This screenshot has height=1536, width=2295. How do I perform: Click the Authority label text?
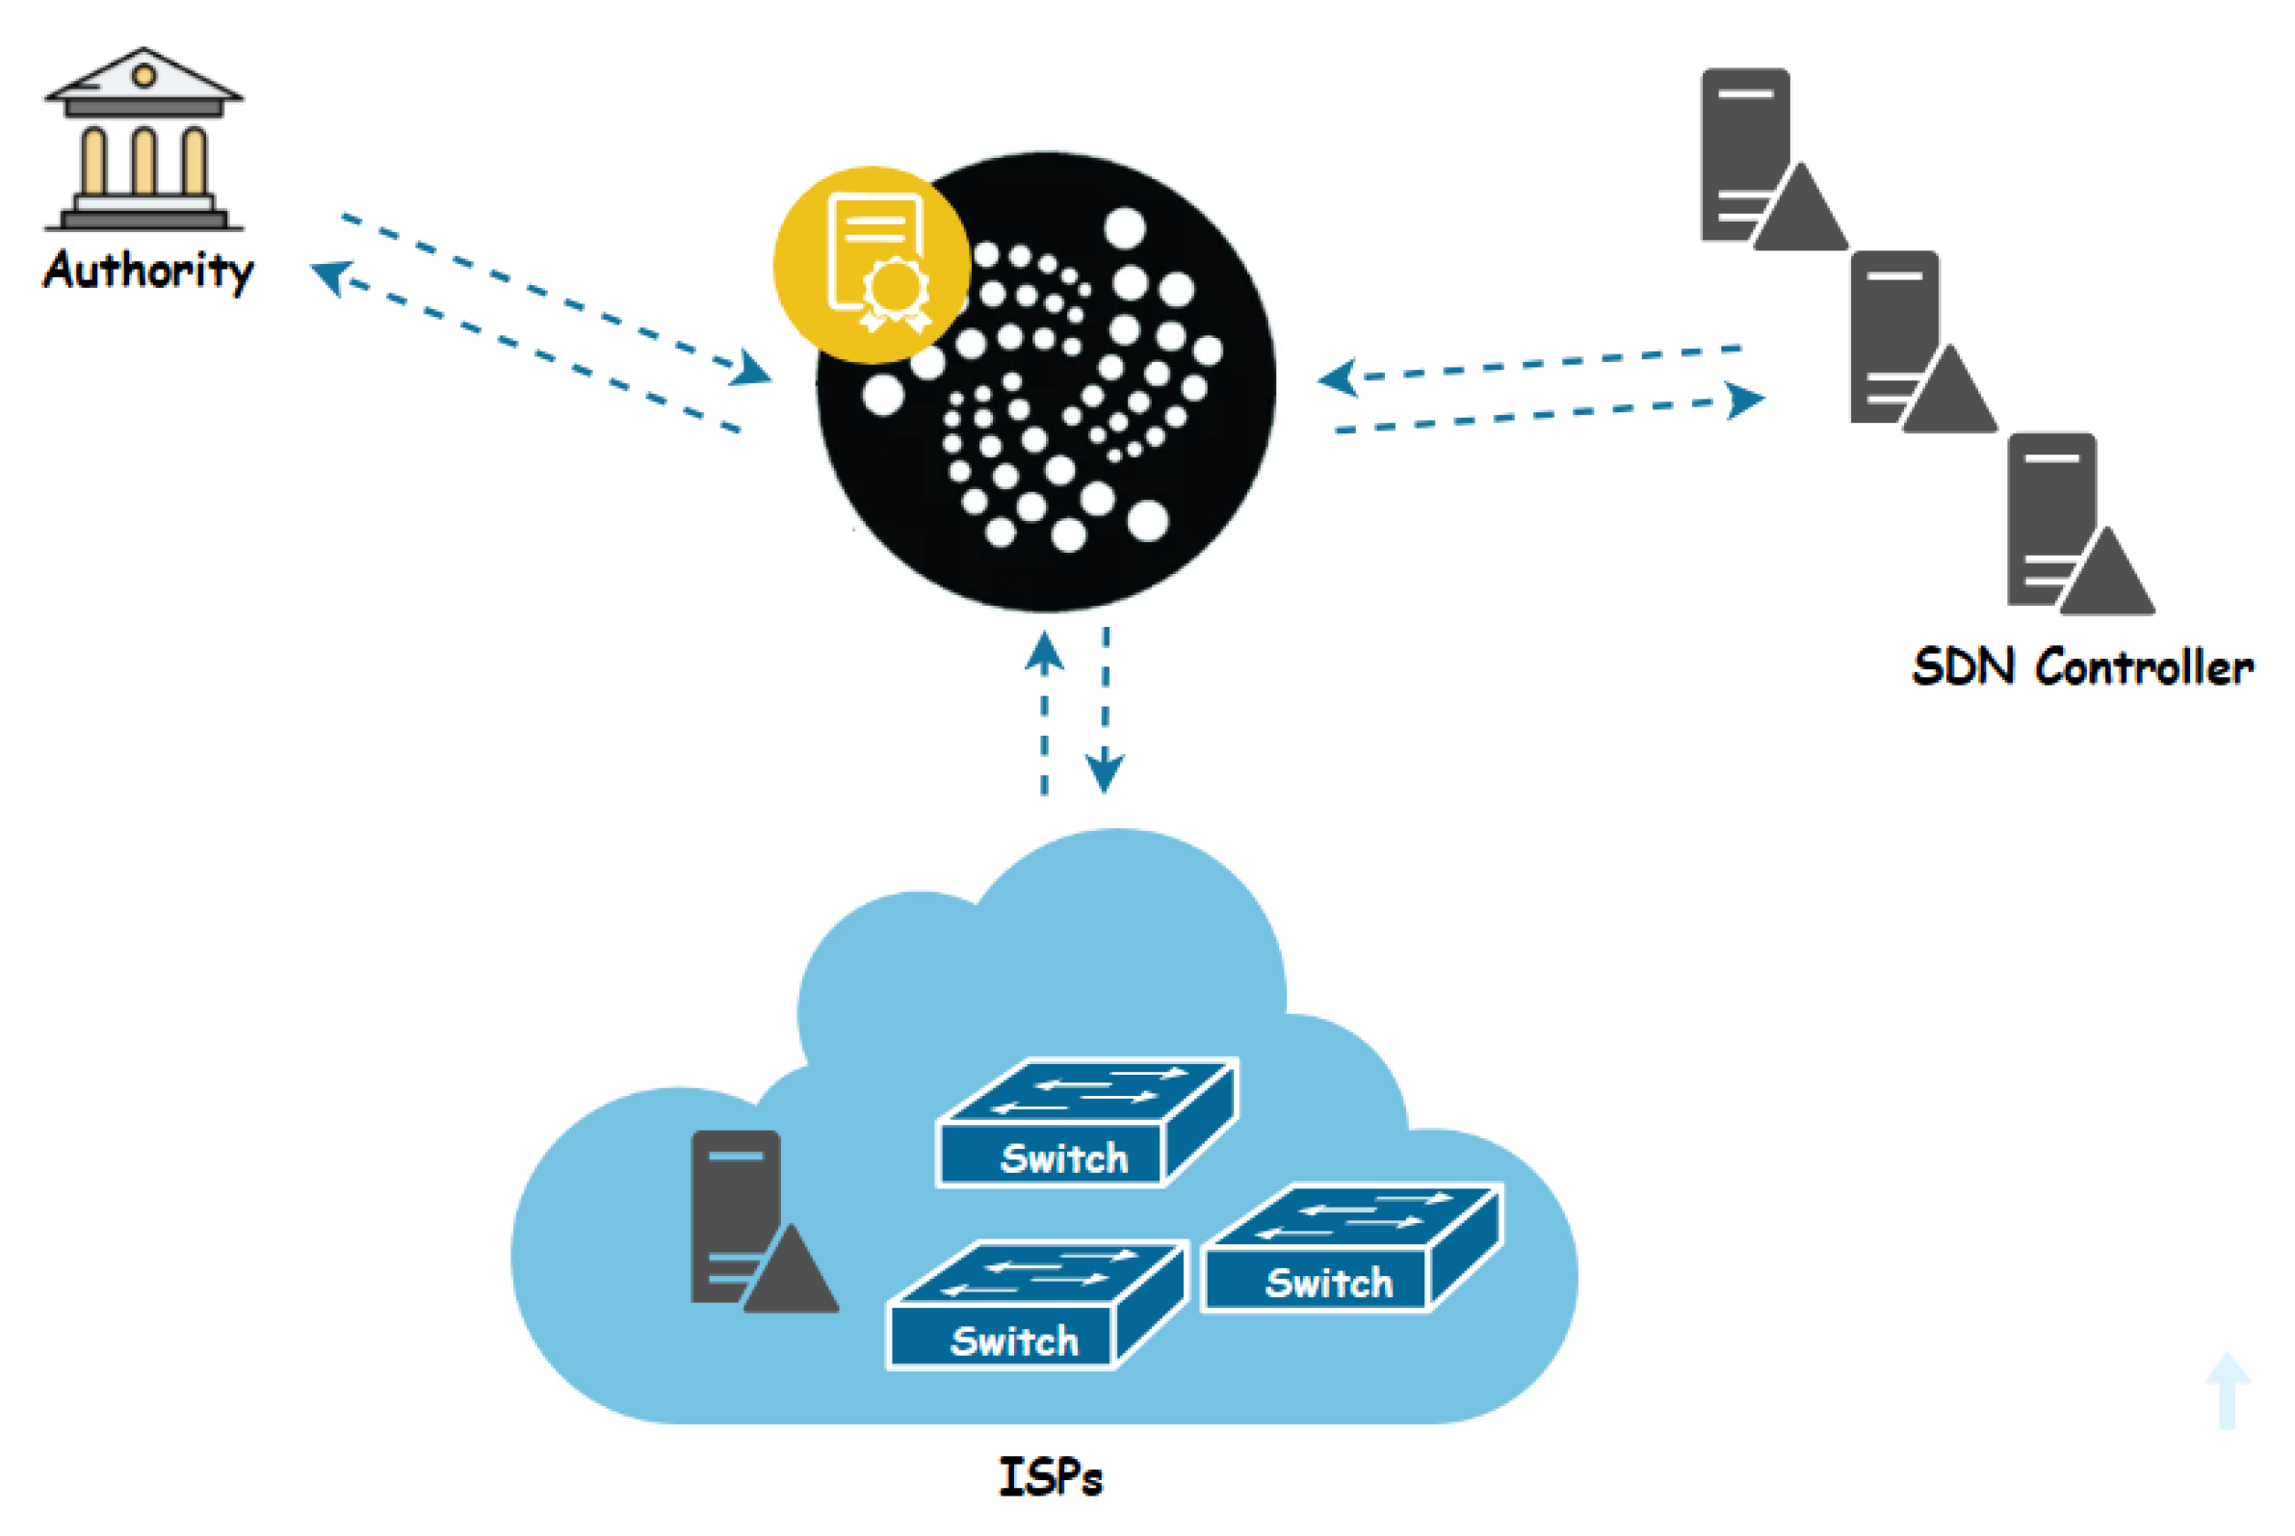tap(148, 271)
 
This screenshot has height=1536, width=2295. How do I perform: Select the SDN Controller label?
tap(2082, 667)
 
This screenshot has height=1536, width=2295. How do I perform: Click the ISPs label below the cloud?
tap(1050, 1476)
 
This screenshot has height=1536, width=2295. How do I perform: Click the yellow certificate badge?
tap(871, 265)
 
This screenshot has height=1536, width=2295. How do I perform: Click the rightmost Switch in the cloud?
tap(1352, 1248)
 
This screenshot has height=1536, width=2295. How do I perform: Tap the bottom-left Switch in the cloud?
tap(1036, 1305)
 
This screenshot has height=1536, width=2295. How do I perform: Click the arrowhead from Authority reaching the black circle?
tap(752, 369)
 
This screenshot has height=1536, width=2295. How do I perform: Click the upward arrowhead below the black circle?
tap(1044, 651)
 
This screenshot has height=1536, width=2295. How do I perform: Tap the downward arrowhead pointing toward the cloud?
tap(1104, 770)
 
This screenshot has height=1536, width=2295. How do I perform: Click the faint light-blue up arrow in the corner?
tap(2228, 1390)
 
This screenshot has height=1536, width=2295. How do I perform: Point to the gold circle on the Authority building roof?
tap(144, 75)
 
